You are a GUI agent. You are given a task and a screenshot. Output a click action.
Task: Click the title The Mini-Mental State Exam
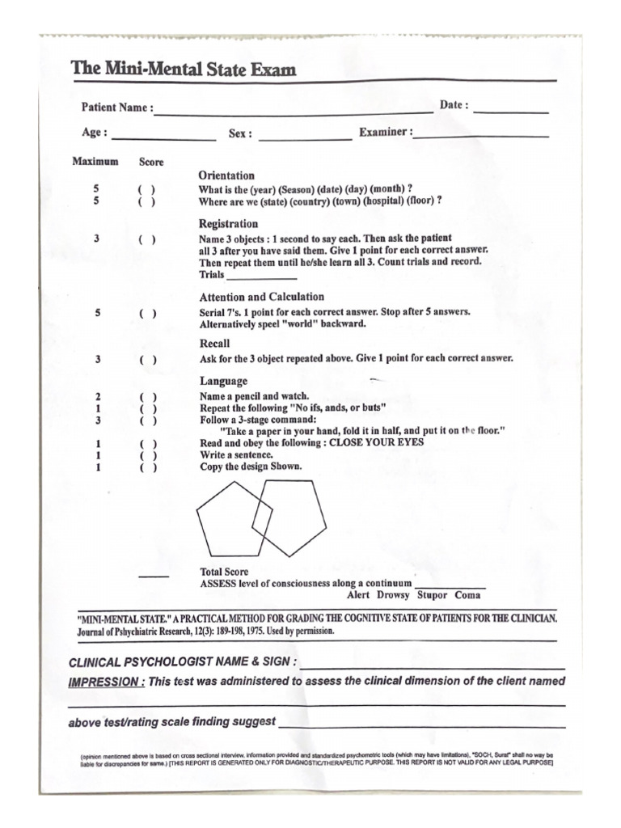click(x=184, y=70)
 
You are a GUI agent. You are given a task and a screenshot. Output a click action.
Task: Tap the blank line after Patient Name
click(x=294, y=112)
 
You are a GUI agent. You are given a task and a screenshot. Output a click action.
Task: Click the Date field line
click(x=510, y=112)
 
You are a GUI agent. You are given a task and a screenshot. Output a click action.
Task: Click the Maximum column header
click(x=95, y=161)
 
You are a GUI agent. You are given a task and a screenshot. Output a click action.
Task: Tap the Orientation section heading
click(x=226, y=175)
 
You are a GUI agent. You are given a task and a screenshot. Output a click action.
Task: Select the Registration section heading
click(x=229, y=224)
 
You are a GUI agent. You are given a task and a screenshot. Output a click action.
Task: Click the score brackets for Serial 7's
click(x=146, y=314)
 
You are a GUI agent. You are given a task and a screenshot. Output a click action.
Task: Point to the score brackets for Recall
click(x=146, y=360)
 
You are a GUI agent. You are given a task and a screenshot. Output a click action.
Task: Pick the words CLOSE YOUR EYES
click(x=377, y=443)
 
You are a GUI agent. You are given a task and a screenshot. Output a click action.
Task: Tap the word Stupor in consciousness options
click(x=431, y=595)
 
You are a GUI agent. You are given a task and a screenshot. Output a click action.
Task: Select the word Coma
click(x=467, y=595)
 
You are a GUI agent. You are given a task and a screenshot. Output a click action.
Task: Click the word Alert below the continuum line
click(x=358, y=595)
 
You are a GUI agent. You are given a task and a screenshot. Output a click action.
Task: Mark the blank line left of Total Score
click(x=154, y=577)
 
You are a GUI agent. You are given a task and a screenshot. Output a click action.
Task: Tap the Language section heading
click(x=224, y=381)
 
